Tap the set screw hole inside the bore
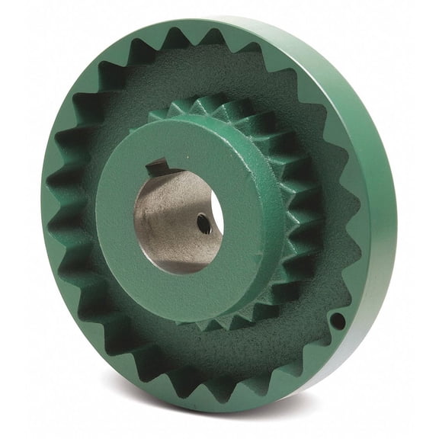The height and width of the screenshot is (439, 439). pos(203,223)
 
